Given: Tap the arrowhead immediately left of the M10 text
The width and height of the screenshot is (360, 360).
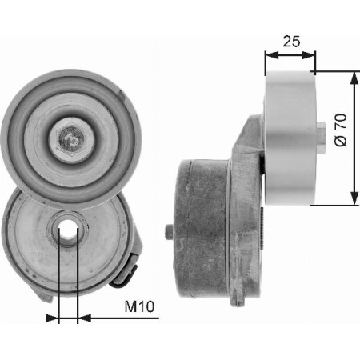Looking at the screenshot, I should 83,318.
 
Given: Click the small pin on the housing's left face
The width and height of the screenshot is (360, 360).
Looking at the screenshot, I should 168,234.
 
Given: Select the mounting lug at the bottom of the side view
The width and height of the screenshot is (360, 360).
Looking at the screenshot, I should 237,299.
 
